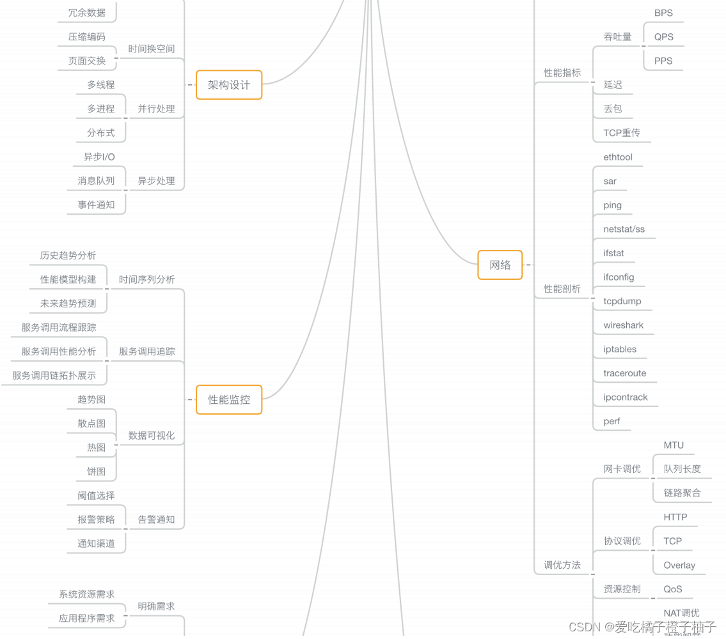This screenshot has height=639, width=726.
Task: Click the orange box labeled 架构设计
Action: pos(229,85)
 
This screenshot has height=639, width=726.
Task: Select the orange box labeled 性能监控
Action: pos(229,400)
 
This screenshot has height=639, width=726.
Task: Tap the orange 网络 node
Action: pos(500,265)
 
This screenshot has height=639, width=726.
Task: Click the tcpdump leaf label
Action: pos(622,302)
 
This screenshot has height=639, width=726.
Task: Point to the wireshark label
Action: pos(623,325)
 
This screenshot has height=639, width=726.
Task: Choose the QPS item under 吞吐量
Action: pos(663,37)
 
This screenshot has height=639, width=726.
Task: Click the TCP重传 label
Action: pos(621,133)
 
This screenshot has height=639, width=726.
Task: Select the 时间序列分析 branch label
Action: pos(146,280)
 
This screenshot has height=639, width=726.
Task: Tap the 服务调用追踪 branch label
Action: pos(146,351)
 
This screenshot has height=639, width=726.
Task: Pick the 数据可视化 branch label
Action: pos(151,436)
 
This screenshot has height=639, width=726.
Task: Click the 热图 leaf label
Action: pos(96,448)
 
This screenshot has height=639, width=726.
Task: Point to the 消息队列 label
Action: pos(96,181)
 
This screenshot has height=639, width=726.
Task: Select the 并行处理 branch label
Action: pos(156,109)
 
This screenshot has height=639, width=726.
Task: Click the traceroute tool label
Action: pos(624,373)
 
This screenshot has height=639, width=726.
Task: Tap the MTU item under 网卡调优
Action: pos(674,445)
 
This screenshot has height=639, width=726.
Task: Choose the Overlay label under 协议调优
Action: pos(679,566)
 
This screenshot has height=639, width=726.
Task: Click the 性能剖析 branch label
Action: pos(562,289)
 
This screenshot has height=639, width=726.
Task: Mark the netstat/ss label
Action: pos(624,229)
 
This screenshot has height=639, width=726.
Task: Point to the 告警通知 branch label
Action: pos(156,520)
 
